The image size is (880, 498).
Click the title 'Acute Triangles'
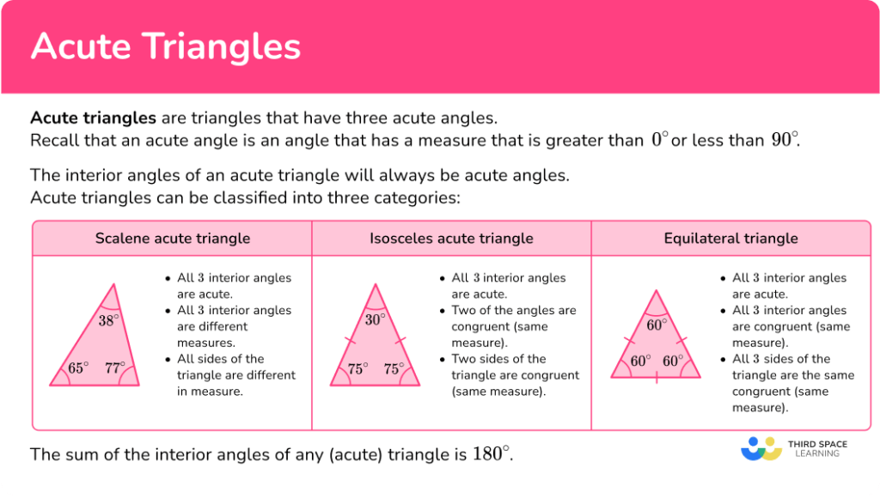click(166, 46)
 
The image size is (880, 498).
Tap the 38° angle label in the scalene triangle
click(108, 320)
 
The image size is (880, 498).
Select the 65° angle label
click(78, 368)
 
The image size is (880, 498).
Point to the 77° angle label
click(114, 368)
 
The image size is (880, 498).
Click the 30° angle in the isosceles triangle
click(375, 319)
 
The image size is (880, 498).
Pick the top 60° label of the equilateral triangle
click(657, 325)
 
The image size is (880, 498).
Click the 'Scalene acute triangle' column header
click(173, 239)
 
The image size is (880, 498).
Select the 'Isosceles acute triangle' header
click(451, 239)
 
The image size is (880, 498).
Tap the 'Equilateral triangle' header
click(730, 239)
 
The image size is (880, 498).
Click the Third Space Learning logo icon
click(761, 449)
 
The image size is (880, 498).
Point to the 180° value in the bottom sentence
click(491, 454)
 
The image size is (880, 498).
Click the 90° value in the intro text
click(784, 140)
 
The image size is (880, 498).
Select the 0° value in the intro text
click(658, 140)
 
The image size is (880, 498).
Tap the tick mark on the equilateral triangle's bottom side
click(657, 377)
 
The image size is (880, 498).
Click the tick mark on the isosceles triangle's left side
click(351, 342)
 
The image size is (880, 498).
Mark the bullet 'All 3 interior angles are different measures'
click(234, 319)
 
